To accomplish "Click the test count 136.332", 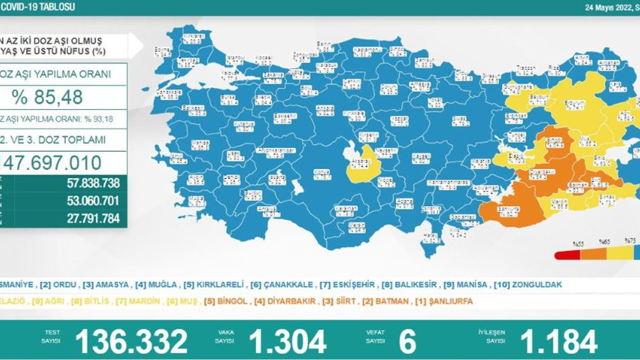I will (131, 341).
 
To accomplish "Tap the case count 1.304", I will (287, 341).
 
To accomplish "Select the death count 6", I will (407, 341).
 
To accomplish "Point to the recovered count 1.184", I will (558, 341).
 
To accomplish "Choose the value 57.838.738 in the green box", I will (93, 183).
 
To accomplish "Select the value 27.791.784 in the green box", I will (93, 218).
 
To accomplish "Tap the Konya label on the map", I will (321, 172).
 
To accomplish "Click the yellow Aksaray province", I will (361, 164).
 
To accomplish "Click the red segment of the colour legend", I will (567, 255).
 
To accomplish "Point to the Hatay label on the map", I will (429, 235).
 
